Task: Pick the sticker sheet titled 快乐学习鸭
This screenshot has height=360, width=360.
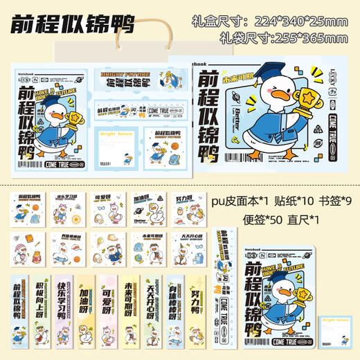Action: click(x=68, y=208)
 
